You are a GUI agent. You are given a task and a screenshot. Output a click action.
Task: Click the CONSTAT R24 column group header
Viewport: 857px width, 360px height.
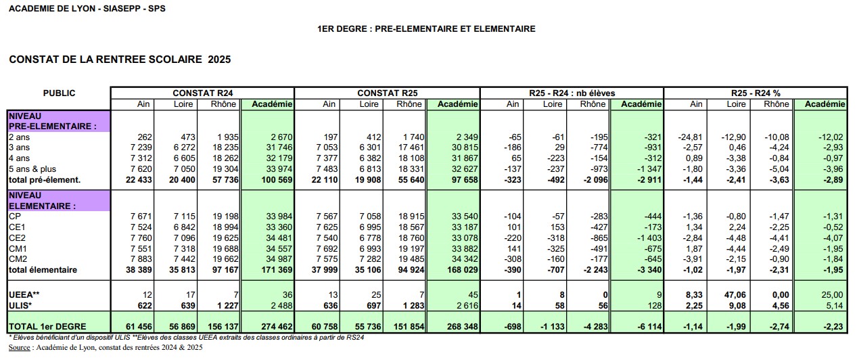(x=202, y=93)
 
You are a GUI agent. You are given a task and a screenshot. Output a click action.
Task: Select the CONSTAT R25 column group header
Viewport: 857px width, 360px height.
(x=387, y=93)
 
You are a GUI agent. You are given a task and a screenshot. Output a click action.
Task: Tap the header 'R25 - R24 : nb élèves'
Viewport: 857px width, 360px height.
(x=572, y=93)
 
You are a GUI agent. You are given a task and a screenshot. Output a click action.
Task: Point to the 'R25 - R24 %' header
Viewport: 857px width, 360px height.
(x=756, y=93)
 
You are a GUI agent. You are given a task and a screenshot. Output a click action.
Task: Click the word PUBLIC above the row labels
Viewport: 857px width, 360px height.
(x=60, y=93)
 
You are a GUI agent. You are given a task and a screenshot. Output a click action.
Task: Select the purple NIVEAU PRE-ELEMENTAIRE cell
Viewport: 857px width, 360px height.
(x=58, y=121)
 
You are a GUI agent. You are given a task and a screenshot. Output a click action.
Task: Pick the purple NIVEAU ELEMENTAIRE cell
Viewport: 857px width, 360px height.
(x=58, y=200)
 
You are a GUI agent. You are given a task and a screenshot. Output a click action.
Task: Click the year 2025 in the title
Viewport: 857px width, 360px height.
(x=219, y=60)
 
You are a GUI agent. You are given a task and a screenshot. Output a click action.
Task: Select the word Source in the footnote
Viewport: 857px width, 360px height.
(x=22, y=347)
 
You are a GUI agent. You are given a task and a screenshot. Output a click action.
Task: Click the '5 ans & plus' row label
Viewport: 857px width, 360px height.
(x=31, y=168)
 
